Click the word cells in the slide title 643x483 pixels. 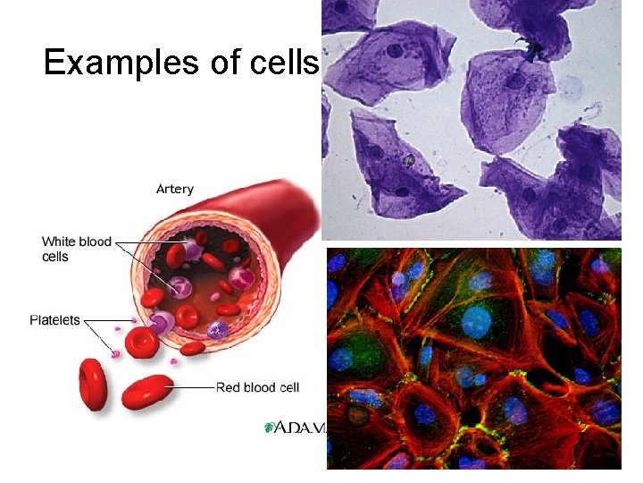pos(286,62)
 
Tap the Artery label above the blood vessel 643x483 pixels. pos(174,189)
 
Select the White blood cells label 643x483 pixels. pos(77,249)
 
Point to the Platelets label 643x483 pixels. pos(54,319)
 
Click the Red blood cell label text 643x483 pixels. pos(257,387)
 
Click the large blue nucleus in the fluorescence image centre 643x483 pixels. pos(476,320)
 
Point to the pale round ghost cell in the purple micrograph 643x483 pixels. pos(570,87)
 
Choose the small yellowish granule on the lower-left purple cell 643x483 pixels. pos(408,161)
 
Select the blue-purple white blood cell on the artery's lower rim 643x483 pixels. pos(218,330)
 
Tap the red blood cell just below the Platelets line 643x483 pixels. pos(140,343)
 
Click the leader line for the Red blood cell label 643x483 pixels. pos(193,387)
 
